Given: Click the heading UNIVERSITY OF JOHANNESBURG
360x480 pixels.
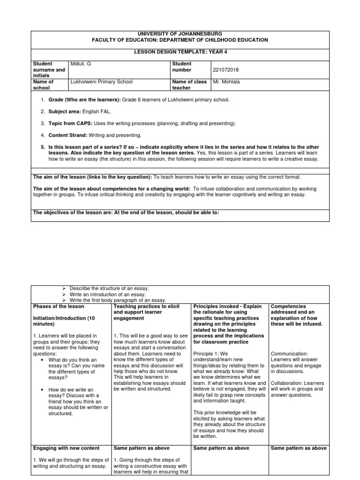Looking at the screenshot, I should [180, 34].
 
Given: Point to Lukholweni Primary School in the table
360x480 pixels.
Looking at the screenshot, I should [101, 82].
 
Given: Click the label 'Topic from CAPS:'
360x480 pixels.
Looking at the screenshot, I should [71, 123].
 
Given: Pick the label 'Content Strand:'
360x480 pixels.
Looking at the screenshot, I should [68, 135].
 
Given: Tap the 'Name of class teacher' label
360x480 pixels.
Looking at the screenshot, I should [188, 84].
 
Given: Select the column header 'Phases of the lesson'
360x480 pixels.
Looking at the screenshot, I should [59, 307].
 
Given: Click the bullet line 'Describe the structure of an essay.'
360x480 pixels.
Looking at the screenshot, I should [109, 288].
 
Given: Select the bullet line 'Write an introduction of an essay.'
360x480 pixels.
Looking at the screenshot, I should [108, 294].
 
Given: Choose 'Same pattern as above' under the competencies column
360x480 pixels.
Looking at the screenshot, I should [299, 448].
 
